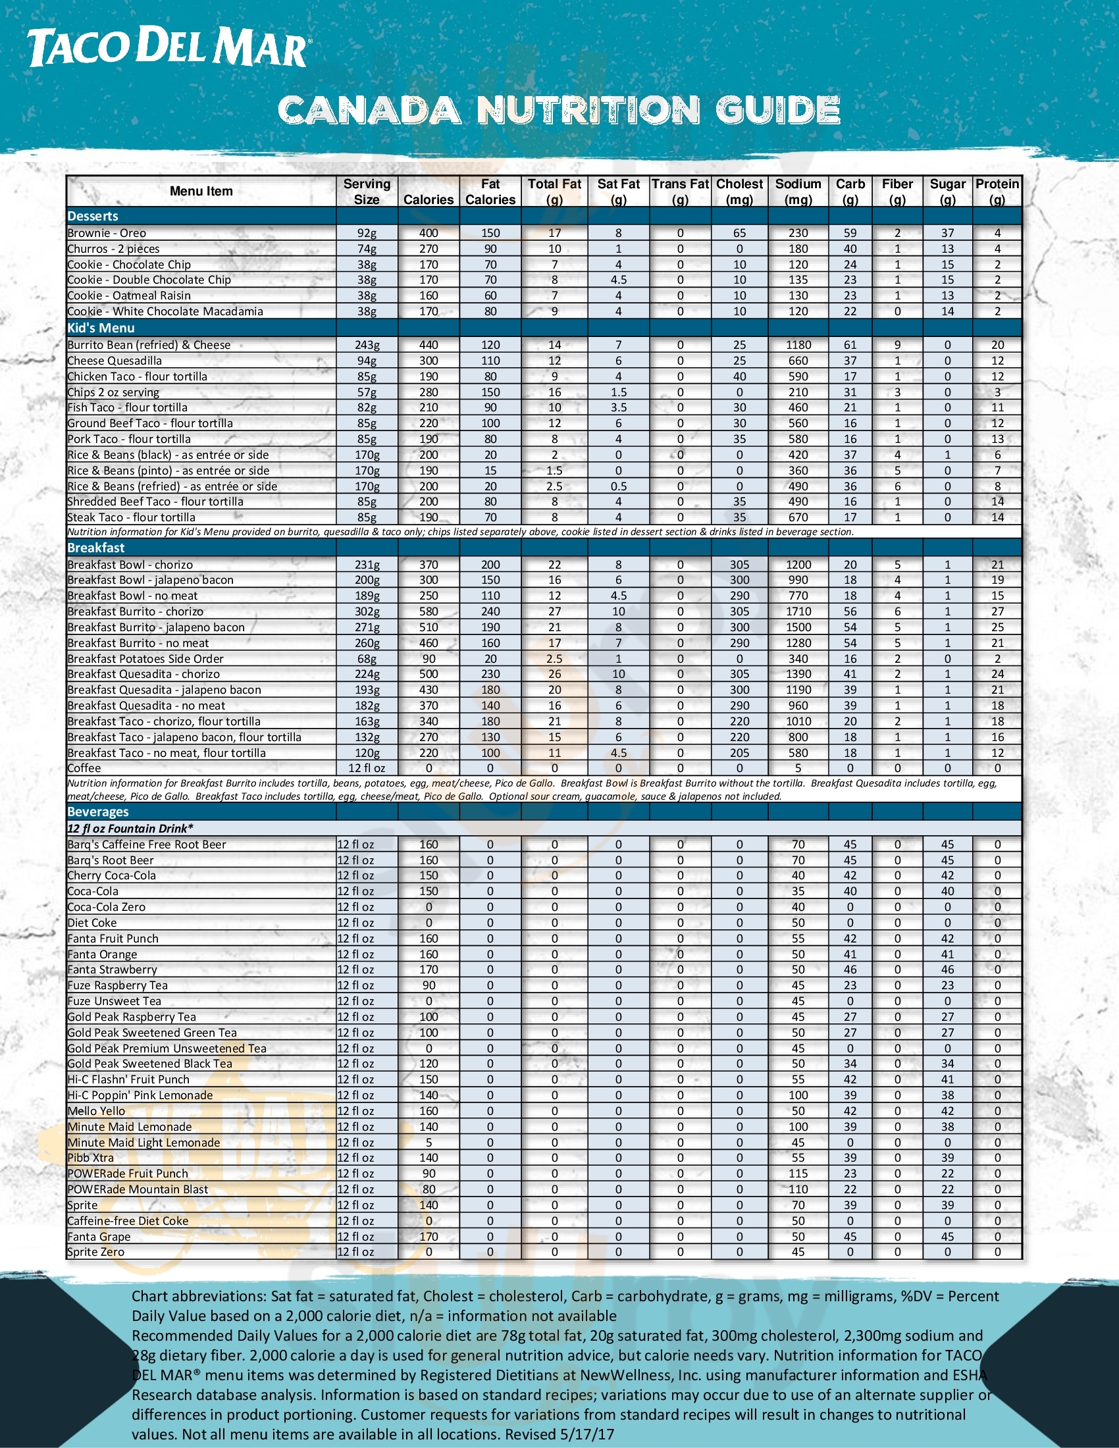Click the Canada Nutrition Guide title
click(559, 110)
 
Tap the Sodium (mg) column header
click(798, 192)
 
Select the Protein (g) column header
click(997, 192)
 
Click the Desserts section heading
click(93, 216)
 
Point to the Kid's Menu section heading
click(101, 328)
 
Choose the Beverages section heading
click(98, 812)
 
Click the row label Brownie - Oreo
click(107, 234)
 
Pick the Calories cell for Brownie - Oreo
click(429, 234)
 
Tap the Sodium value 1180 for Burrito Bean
click(798, 345)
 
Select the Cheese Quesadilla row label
click(114, 361)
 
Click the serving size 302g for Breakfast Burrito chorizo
click(367, 611)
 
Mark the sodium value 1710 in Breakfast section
click(798, 611)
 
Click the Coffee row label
click(84, 768)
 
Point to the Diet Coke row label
click(92, 923)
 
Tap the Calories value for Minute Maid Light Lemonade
click(429, 1143)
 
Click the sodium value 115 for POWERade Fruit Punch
click(798, 1174)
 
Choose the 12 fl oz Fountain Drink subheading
click(130, 829)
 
